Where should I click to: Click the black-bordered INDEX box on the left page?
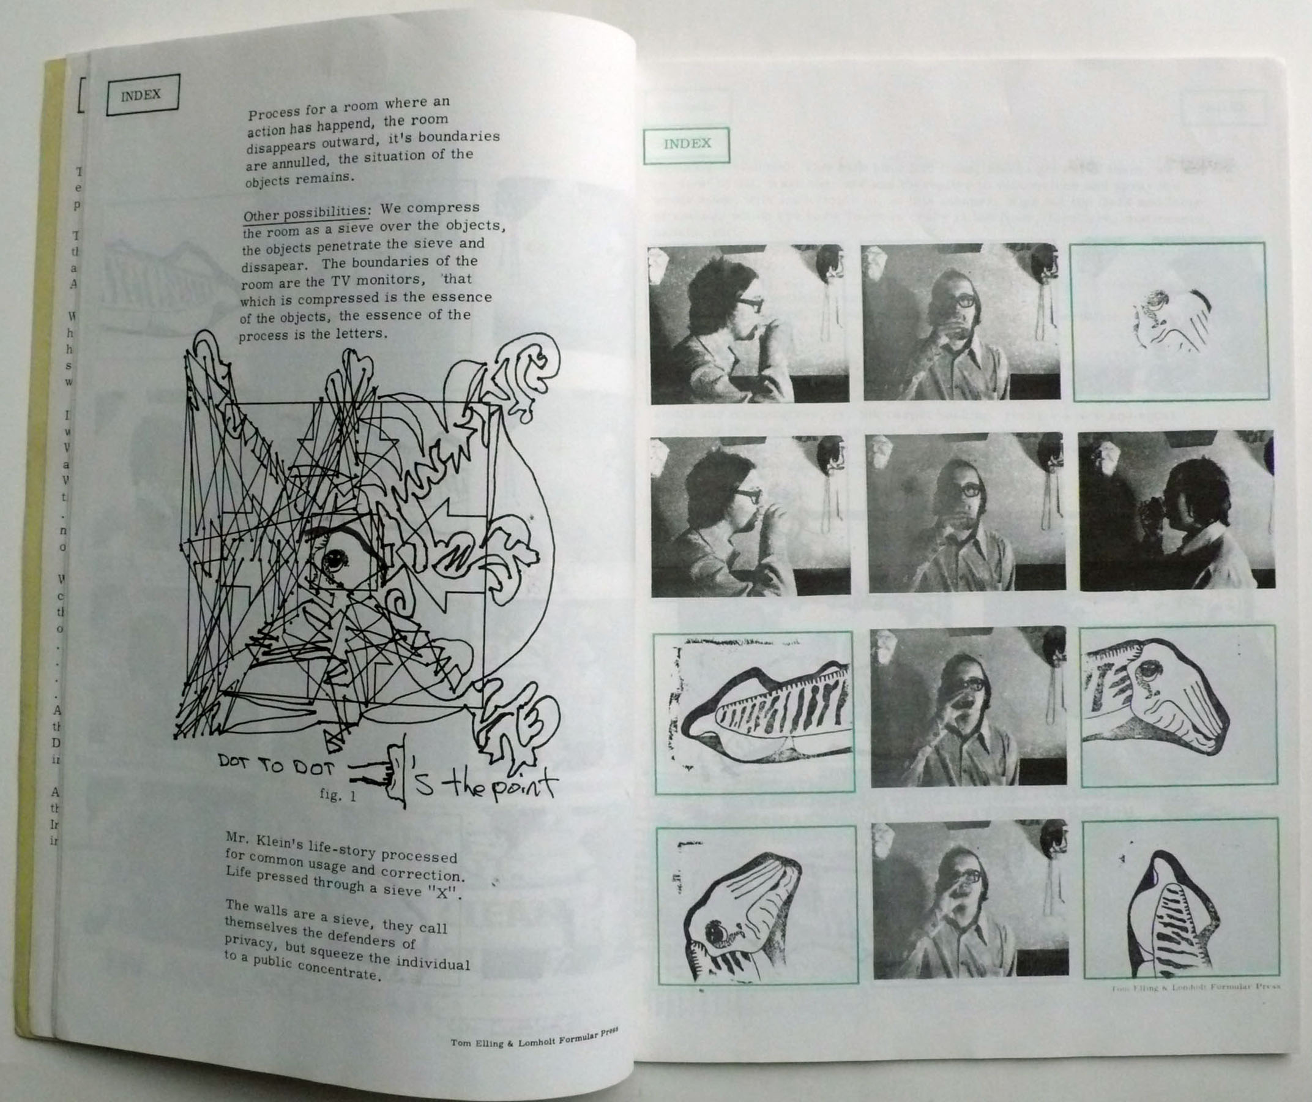pos(143,95)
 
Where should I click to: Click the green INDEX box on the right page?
pos(686,144)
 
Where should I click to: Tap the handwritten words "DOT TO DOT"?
pos(275,765)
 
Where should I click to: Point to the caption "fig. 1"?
pos(337,796)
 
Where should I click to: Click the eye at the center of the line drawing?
pos(336,556)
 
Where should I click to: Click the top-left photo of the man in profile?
pos(748,324)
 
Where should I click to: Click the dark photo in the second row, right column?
pos(1176,511)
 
